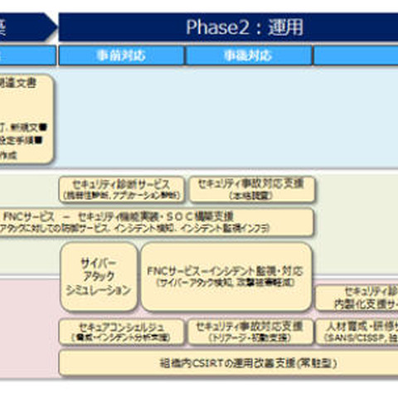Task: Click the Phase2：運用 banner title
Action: click(x=245, y=27)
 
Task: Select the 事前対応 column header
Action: click(x=121, y=56)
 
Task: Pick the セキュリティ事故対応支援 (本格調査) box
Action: click(x=251, y=189)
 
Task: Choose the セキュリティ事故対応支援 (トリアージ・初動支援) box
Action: click(x=251, y=332)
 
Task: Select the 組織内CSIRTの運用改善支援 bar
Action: click(x=228, y=363)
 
